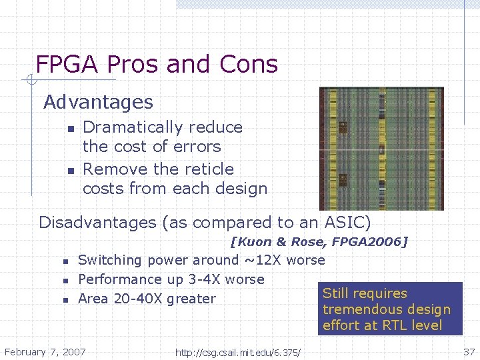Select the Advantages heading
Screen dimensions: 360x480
(98, 103)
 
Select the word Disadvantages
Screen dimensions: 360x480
(98, 223)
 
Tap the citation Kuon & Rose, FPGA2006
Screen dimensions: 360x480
(319, 242)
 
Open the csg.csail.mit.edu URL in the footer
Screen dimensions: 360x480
(237, 352)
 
